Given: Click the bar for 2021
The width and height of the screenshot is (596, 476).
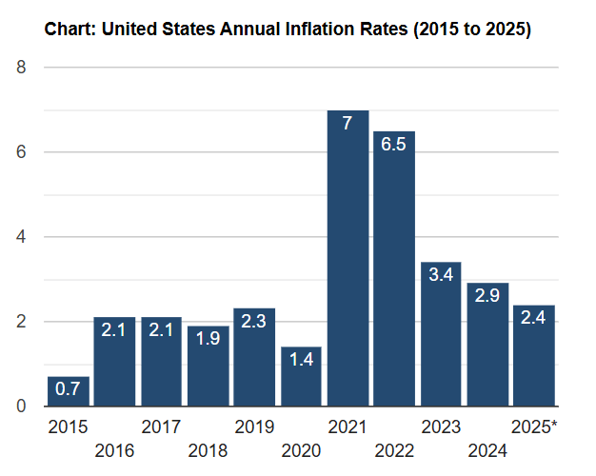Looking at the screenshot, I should (348, 257).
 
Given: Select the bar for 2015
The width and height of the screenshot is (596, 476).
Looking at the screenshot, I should (69, 391).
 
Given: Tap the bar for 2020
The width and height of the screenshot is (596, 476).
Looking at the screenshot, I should (301, 376).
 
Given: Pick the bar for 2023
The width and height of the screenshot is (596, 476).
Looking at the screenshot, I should (441, 333).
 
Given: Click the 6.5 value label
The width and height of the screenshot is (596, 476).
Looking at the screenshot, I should (394, 145).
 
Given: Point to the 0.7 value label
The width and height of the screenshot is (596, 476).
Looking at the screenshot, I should (69, 389).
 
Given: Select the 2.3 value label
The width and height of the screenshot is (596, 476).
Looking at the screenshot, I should (254, 322).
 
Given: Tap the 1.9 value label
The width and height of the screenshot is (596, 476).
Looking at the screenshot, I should (208, 339).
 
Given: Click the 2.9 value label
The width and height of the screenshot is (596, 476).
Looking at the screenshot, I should (487, 296).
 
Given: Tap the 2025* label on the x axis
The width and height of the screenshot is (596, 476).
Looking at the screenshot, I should (534, 427).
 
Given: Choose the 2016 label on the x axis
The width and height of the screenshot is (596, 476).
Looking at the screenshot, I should (114, 449).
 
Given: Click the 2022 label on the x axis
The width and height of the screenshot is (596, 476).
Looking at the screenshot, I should (394, 449).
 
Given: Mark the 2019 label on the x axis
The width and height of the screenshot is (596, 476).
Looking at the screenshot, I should (254, 427).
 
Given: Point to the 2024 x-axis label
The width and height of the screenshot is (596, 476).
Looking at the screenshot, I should (487, 449).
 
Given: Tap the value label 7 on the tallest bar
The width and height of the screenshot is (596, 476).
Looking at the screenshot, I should (348, 124).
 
